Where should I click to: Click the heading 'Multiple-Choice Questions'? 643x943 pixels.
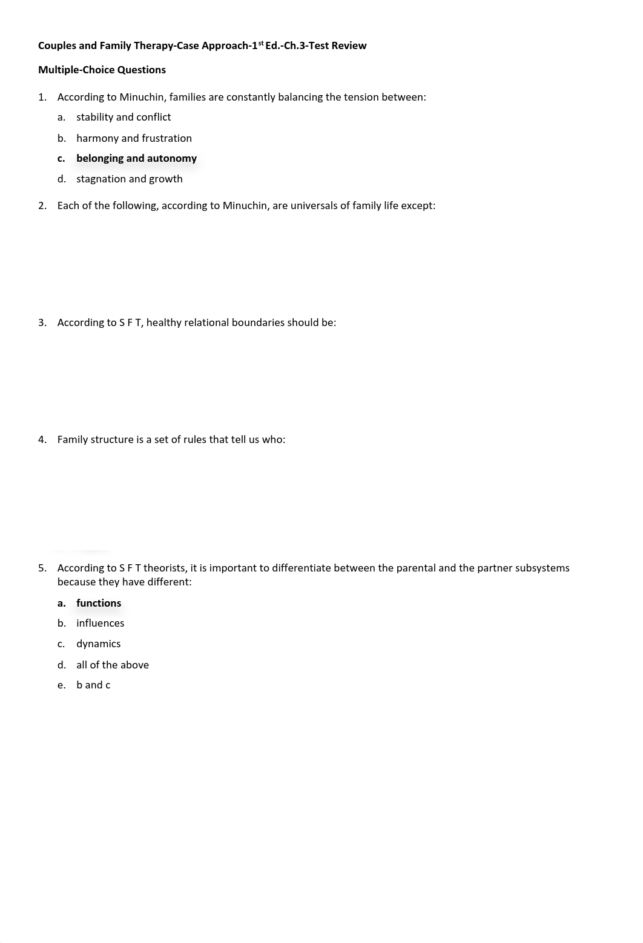click(x=102, y=70)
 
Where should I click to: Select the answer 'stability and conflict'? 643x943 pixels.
click(x=124, y=117)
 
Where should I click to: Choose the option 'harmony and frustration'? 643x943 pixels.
click(x=134, y=138)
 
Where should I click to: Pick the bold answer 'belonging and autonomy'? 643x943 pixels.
click(x=136, y=158)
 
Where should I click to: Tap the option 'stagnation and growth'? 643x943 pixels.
click(x=129, y=179)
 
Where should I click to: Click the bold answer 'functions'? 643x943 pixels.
click(x=99, y=603)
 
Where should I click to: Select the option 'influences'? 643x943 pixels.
click(x=100, y=623)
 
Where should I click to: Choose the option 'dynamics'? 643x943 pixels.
click(x=98, y=644)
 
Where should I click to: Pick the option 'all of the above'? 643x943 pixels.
click(x=112, y=665)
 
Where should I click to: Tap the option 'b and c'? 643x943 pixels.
click(x=93, y=685)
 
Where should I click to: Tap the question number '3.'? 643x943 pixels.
click(x=42, y=322)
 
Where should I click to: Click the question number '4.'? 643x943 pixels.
click(x=42, y=439)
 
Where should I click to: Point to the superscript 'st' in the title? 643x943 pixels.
click(x=261, y=42)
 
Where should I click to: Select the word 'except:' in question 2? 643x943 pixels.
click(x=418, y=205)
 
